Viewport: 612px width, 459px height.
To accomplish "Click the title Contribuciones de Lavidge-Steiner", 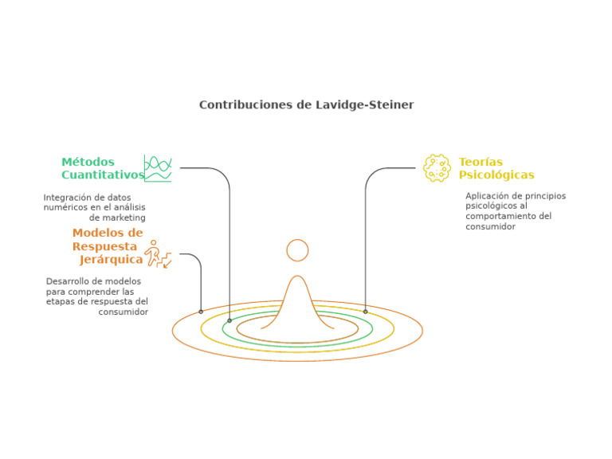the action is [306, 105].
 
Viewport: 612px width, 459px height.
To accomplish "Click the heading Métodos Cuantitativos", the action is [103, 168].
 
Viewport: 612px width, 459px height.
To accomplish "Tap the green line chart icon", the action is [158, 168].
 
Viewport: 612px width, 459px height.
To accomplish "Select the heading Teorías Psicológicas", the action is [496, 168].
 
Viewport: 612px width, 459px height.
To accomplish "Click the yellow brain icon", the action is [437, 168].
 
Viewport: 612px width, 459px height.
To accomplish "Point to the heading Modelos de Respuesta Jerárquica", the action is [108, 246].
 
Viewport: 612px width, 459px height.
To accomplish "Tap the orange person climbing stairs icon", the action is [158, 254].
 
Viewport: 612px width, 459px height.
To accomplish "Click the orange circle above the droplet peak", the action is [297, 240].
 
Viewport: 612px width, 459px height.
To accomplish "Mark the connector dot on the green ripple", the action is [229, 321].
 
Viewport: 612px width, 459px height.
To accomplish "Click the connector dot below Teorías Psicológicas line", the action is [365, 312].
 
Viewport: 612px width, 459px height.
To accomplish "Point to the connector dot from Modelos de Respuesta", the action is [201, 312].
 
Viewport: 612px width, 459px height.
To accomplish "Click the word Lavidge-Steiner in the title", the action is [364, 105].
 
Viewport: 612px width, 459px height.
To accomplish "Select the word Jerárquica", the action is [112, 260].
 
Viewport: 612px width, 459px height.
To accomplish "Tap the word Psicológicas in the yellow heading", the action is [496, 175].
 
